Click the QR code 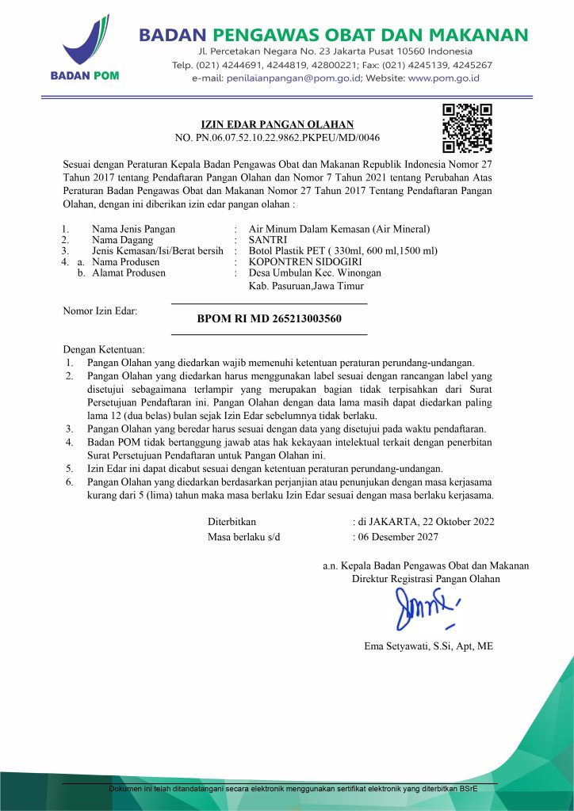pos(467,128)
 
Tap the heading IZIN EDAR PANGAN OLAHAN pos(277,124)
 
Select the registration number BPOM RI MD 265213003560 pos(269,319)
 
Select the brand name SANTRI pos(267,240)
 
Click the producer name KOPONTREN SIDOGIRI pos(305,261)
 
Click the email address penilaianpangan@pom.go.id pos(293,78)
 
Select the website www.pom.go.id pos(444,78)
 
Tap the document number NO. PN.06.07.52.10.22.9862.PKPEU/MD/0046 pos(277,137)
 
